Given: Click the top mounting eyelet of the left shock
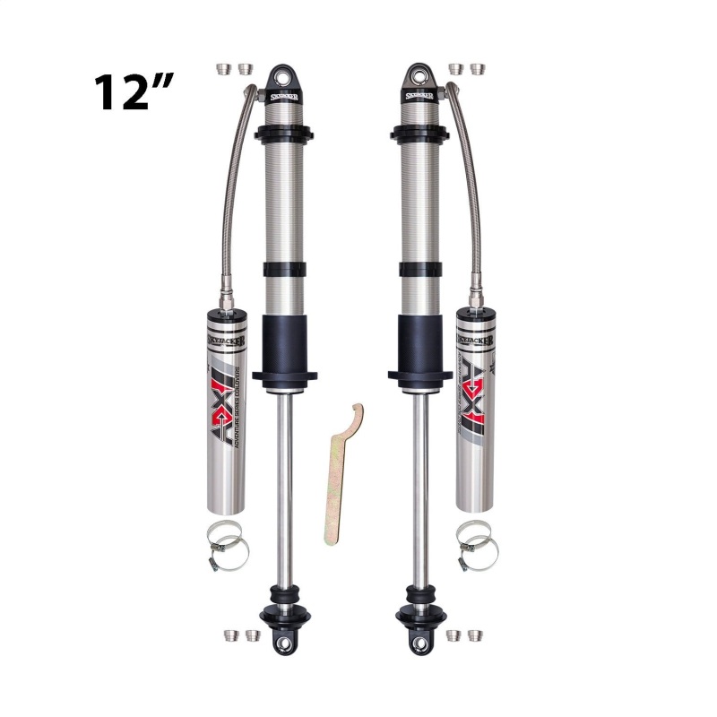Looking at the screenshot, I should click(281, 74).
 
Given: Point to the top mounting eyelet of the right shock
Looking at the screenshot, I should click(418, 74).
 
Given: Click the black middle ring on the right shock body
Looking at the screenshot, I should click(419, 269).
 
